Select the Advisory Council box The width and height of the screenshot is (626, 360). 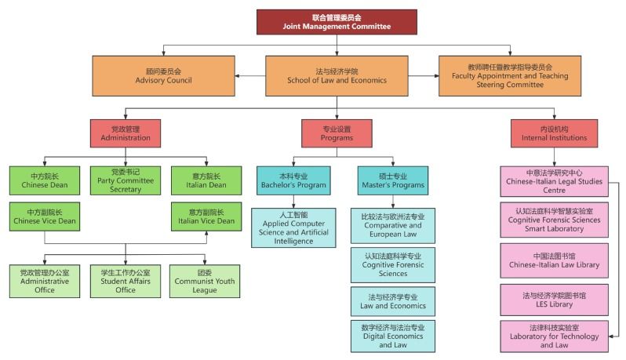[x=163, y=75]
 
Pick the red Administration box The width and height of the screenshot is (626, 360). [x=126, y=133]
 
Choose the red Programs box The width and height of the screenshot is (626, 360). [x=337, y=133]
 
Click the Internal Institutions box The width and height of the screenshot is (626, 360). [x=554, y=133]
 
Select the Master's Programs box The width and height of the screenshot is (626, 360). [x=382, y=180]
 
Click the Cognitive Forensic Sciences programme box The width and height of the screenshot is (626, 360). [x=392, y=264]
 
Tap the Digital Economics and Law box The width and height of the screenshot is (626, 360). [x=392, y=336]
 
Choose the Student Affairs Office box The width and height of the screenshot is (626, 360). [x=126, y=281]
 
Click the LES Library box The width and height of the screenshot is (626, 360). [x=554, y=300]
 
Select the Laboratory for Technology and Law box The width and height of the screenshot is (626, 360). [x=554, y=336]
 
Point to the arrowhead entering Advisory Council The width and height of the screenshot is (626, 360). [x=238, y=76]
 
